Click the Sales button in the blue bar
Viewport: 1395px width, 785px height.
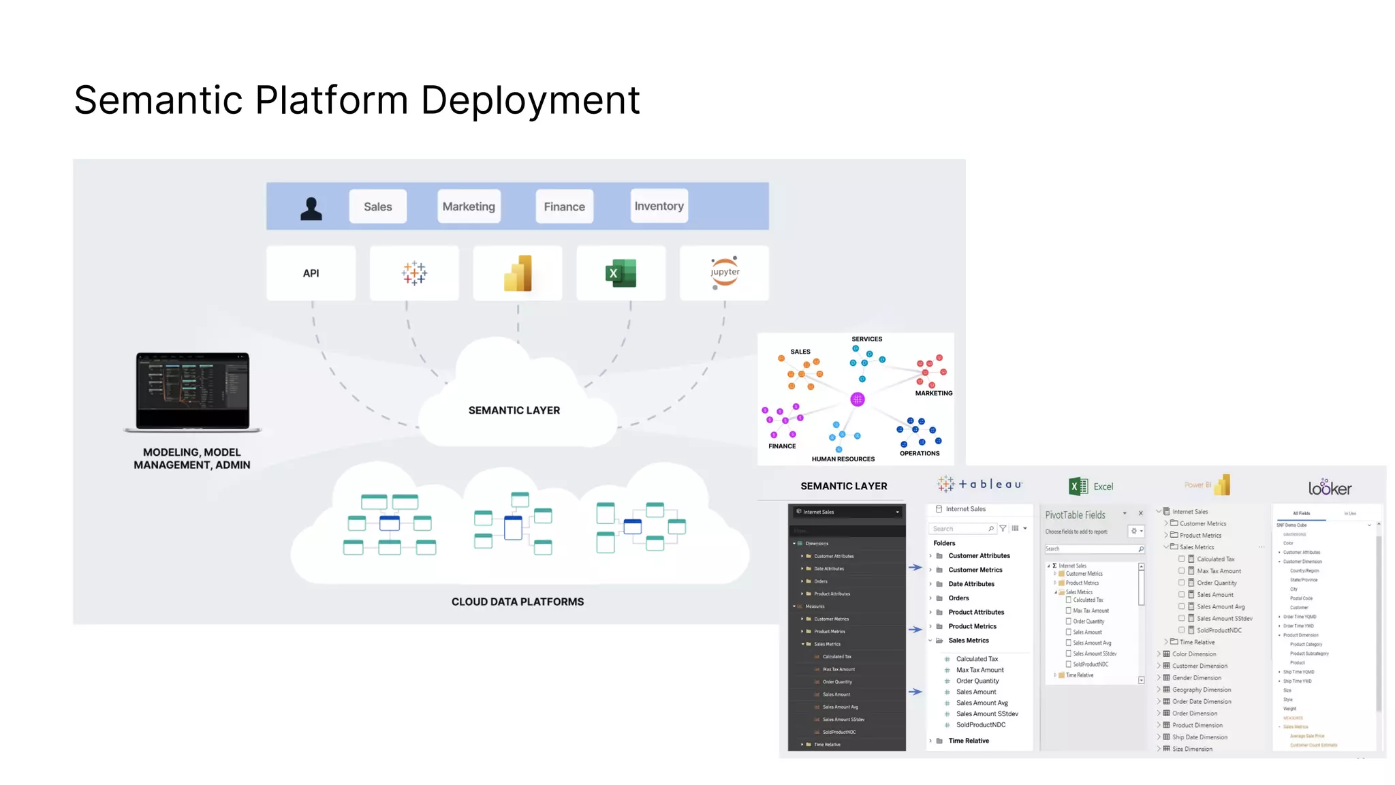[377, 206]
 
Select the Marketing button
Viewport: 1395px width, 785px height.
[469, 206]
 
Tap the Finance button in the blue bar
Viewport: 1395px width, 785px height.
[564, 206]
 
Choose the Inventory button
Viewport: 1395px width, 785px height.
[659, 206]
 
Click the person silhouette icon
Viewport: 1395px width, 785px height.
[311, 208]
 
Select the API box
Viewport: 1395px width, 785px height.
[311, 273]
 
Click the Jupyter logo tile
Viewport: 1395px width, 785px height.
[724, 273]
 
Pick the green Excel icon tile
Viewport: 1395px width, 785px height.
[621, 273]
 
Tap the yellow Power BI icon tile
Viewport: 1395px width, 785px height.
[518, 273]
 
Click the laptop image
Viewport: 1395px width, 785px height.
[193, 391]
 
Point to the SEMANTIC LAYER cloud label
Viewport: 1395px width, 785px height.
[514, 410]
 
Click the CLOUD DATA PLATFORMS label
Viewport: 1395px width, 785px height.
[517, 602]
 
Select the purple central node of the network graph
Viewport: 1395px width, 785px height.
[858, 399]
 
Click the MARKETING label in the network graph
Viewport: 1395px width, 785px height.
[933, 393]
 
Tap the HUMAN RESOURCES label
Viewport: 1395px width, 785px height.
[843, 459]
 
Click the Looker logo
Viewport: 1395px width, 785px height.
[1329, 487]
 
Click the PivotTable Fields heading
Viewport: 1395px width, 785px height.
[1075, 515]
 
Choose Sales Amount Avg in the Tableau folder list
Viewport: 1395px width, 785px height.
[982, 703]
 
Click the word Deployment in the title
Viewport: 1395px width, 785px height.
[530, 100]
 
